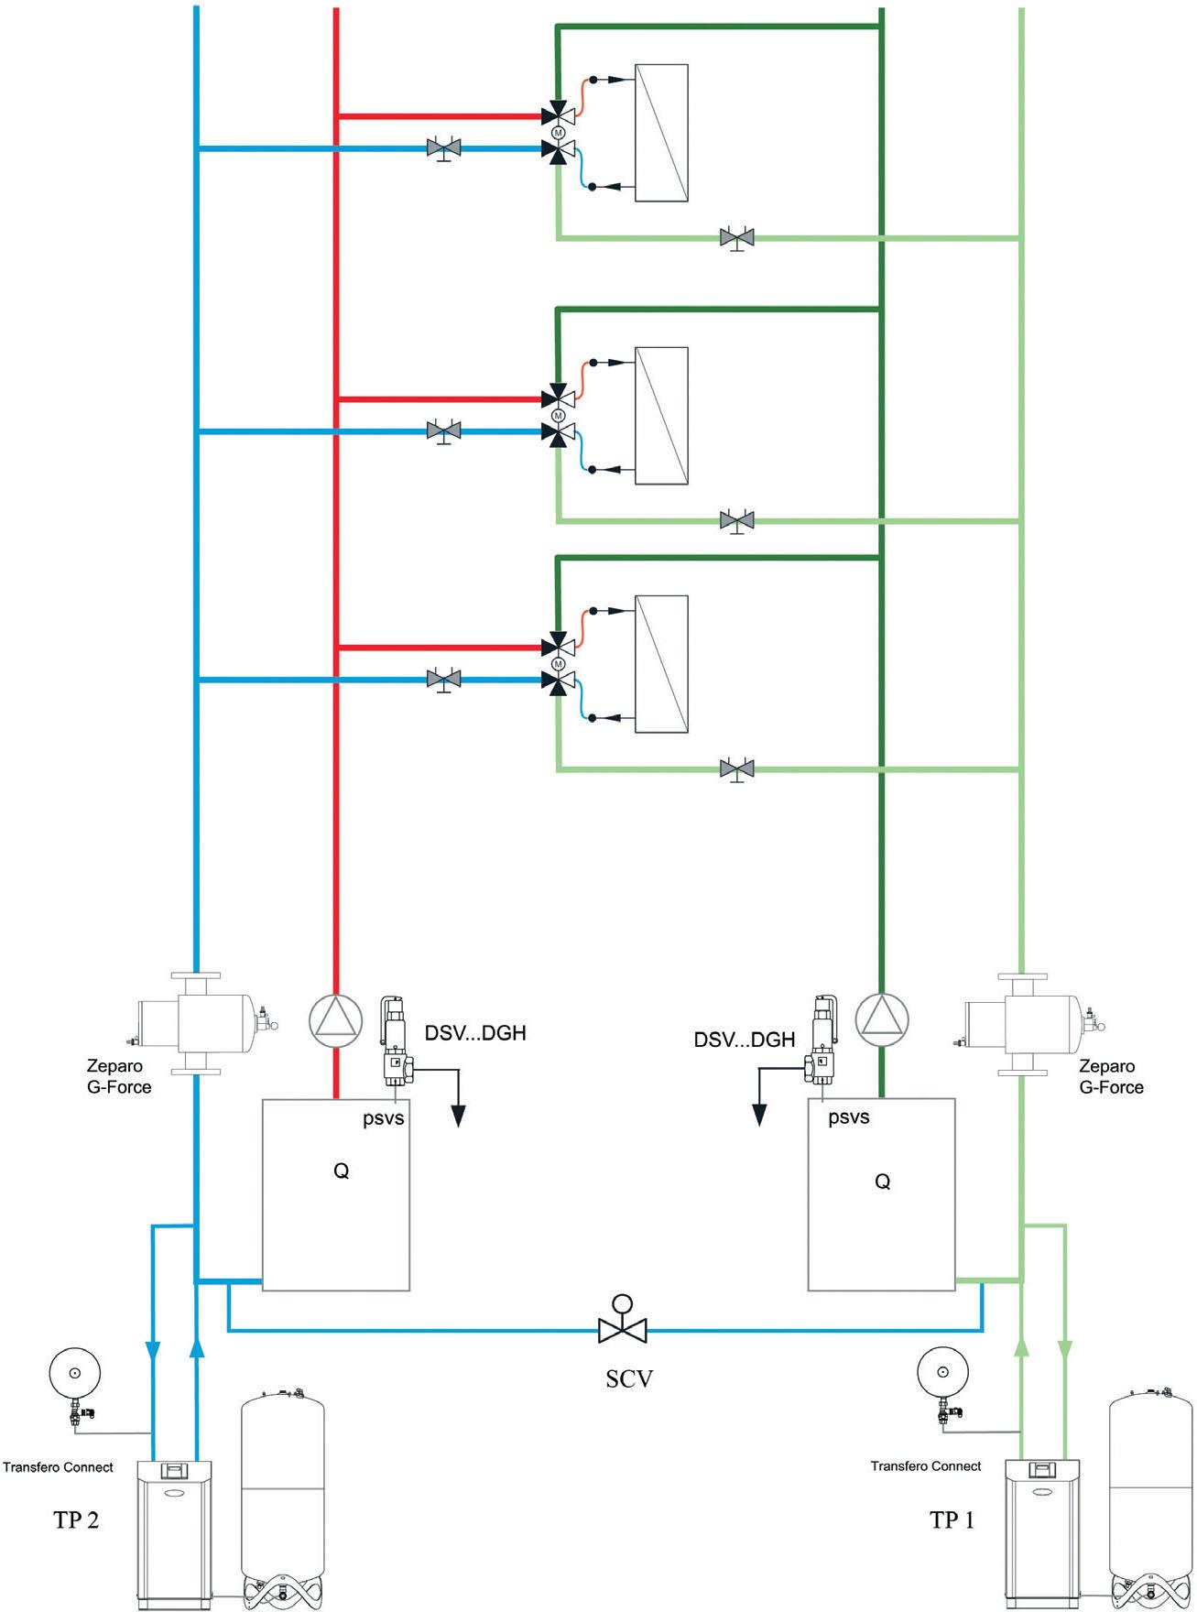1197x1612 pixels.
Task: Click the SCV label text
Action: point(628,1378)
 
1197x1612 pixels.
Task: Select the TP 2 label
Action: point(76,1519)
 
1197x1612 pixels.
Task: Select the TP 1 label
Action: point(952,1519)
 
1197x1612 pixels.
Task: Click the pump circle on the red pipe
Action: point(336,1020)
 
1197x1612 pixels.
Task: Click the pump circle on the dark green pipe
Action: point(882,1018)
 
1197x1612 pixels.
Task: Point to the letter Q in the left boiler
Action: point(341,1171)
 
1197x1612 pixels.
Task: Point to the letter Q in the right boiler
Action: point(883,1182)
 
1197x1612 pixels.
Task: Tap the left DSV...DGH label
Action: point(475,1033)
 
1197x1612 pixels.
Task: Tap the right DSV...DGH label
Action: point(745,1040)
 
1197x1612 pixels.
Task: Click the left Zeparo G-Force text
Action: point(119,1076)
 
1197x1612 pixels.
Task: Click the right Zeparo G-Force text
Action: point(1111,1076)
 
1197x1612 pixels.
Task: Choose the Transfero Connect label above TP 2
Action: point(58,1466)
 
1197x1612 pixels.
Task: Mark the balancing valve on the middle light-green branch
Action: point(737,522)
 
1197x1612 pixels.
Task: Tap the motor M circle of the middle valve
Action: point(559,416)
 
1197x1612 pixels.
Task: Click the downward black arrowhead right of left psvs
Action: point(458,1116)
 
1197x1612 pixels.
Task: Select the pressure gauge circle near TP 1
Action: point(943,1372)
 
